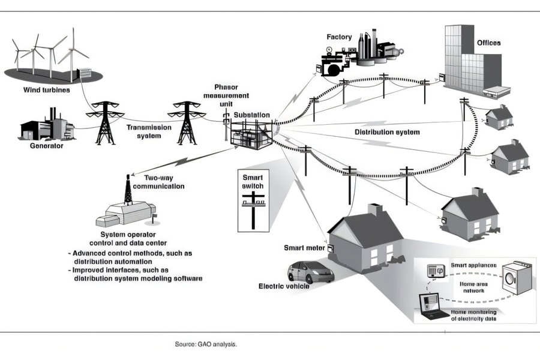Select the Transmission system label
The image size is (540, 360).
pyautogui.click(x=149, y=131)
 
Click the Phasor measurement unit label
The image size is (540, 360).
pyautogui.click(x=227, y=95)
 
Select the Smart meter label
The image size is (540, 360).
pyautogui.click(x=304, y=247)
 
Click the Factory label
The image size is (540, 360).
pyautogui.click(x=340, y=37)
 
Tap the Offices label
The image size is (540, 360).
pyautogui.click(x=488, y=43)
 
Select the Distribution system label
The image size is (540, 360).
pyautogui.click(x=387, y=132)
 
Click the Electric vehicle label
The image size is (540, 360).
pyautogui.click(x=284, y=286)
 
